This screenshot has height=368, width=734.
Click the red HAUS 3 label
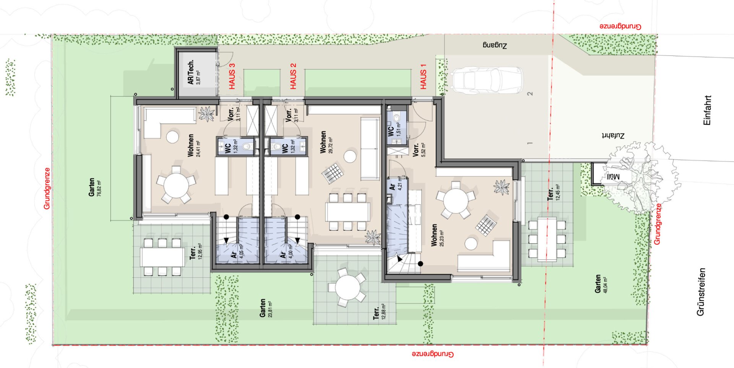(232, 76)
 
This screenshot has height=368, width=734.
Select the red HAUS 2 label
(293, 76)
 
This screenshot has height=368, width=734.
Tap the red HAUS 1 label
(423, 79)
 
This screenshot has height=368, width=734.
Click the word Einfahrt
(707, 110)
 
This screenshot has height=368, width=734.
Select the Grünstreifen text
(701, 291)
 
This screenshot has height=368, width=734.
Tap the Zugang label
(495, 46)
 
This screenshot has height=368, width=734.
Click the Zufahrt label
(613, 136)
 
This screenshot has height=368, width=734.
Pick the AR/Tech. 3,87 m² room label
(194, 72)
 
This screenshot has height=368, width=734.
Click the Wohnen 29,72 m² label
(326, 142)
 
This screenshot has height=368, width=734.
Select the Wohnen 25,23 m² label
(437, 235)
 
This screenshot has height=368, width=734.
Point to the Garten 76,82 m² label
(95, 187)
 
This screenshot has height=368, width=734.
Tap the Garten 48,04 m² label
(601, 284)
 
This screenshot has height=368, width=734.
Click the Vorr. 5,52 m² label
(419, 150)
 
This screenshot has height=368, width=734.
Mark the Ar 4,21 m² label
(396, 184)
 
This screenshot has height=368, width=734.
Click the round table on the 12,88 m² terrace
(347, 287)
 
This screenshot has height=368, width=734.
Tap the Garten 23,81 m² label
(266, 308)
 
